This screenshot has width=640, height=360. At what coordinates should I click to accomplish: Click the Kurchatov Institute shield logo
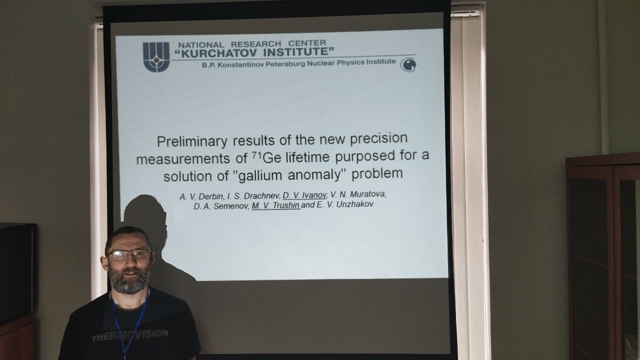(156, 57)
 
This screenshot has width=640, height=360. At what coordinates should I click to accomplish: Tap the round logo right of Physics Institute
(408, 65)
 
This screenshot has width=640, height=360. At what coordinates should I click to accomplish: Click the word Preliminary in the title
(192, 141)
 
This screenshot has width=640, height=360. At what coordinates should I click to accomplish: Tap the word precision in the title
(379, 138)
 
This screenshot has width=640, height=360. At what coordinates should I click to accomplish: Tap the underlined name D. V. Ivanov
(304, 195)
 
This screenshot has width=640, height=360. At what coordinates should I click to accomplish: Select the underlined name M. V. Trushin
(276, 205)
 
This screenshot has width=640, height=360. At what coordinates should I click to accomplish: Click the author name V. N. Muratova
(358, 194)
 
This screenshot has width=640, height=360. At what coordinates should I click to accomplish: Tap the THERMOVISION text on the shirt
(130, 335)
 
